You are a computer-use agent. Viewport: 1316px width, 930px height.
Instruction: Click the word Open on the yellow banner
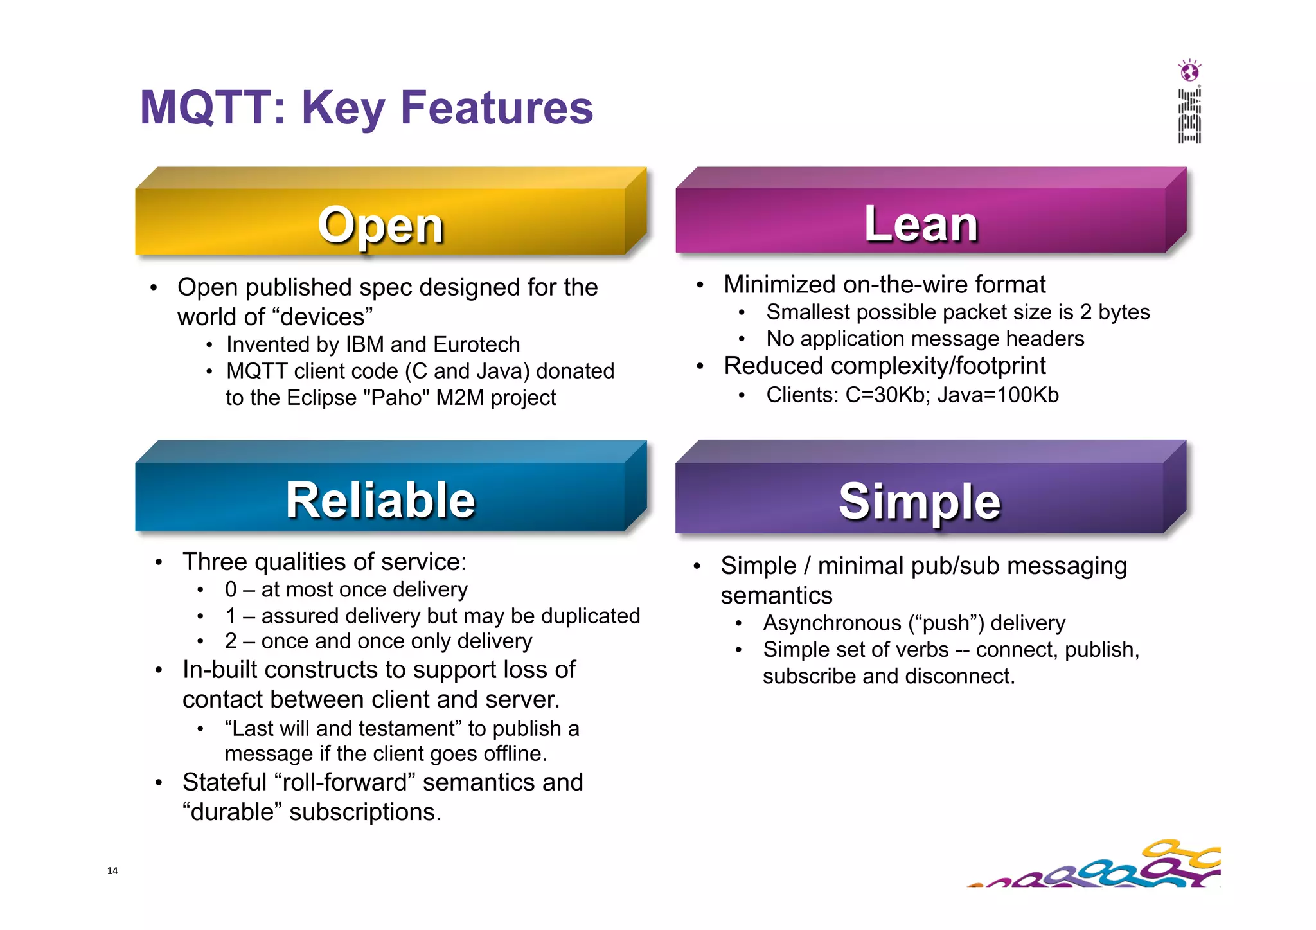(x=380, y=226)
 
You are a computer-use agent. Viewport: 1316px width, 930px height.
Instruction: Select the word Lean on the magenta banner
(x=921, y=224)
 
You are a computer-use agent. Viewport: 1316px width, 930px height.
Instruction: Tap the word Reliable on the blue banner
(x=380, y=500)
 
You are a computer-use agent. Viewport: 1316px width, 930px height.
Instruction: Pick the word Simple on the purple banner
(x=920, y=501)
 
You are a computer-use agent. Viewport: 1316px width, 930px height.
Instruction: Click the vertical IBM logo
(x=1189, y=116)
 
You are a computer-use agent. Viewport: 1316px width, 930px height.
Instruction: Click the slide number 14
(x=112, y=871)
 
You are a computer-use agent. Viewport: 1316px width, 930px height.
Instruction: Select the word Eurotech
(x=476, y=344)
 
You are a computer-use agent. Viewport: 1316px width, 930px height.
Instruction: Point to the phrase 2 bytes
(x=1114, y=312)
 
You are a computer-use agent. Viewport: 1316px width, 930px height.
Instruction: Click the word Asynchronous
(x=832, y=623)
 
